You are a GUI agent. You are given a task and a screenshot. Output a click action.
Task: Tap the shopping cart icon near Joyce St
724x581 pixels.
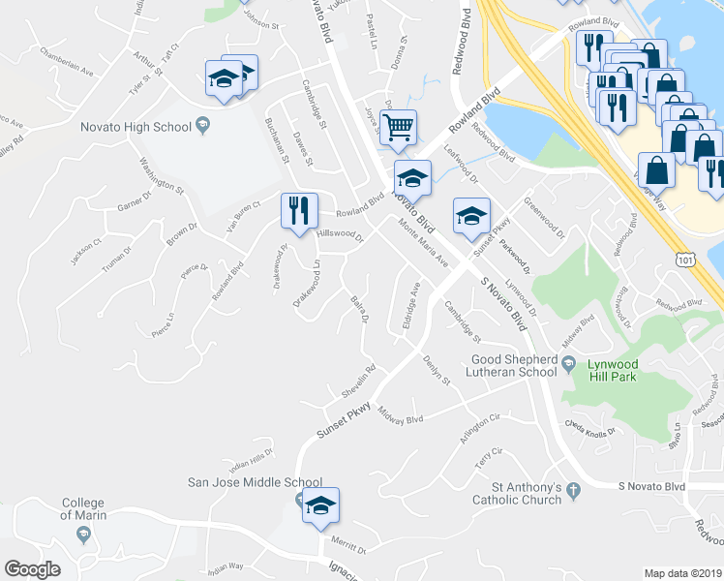tap(398, 127)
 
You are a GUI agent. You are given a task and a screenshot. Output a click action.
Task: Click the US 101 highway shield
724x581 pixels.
tap(686, 260)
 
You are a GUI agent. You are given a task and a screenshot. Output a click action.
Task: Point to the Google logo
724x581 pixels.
tap(32, 569)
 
